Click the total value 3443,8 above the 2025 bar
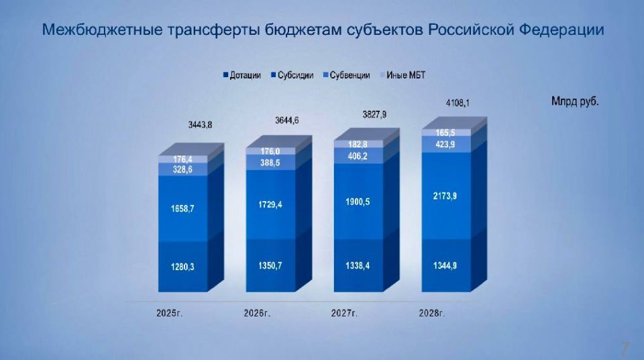point(201,125)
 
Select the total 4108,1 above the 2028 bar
point(458,103)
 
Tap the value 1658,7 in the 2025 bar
point(182,208)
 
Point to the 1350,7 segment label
point(270,266)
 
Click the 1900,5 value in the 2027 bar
point(357,202)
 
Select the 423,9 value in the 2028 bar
point(445,144)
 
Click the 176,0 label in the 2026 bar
point(270,152)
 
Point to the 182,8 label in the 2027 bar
point(357,144)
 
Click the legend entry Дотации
point(245,75)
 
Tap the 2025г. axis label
point(169,313)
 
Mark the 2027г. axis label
point(344,313)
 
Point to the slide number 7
point(625,348)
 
